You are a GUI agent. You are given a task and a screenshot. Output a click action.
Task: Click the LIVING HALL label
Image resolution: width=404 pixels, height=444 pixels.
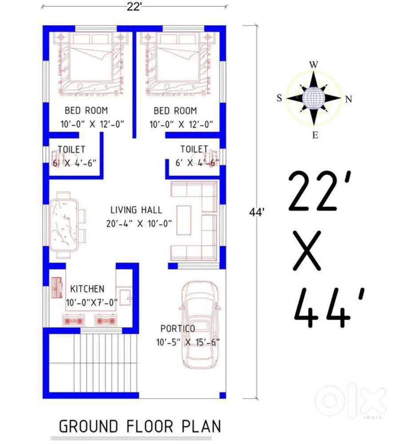point(136,210)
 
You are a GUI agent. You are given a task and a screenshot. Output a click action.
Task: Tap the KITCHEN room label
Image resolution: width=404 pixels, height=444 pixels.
point(87,289)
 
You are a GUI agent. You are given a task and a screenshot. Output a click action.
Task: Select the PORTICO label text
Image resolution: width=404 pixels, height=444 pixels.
point(178,329)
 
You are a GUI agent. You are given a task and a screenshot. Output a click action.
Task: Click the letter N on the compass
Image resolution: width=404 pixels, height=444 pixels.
point(348,99)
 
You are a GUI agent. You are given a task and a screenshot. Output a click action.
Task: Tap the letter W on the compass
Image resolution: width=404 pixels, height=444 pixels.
point(314,64)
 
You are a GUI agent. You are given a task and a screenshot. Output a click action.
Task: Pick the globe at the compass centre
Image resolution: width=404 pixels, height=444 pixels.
point(313,98)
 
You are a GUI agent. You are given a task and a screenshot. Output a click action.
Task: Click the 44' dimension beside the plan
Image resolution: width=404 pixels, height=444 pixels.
point(256,212)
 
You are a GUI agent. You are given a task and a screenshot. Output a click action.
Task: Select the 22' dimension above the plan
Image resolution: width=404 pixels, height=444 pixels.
point(134,7)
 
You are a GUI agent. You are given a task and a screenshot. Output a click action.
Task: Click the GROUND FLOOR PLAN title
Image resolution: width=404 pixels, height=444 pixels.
point(140,426)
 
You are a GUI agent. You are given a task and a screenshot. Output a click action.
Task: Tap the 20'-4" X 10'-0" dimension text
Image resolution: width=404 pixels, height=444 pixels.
point(139,224)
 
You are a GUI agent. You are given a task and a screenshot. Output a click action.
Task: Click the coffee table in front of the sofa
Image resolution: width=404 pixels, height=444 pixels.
point(184,220)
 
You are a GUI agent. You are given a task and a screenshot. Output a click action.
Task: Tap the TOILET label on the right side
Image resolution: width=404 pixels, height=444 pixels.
point(194,149)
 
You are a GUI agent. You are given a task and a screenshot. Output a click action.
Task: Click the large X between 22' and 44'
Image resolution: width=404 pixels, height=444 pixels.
point(307,250)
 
